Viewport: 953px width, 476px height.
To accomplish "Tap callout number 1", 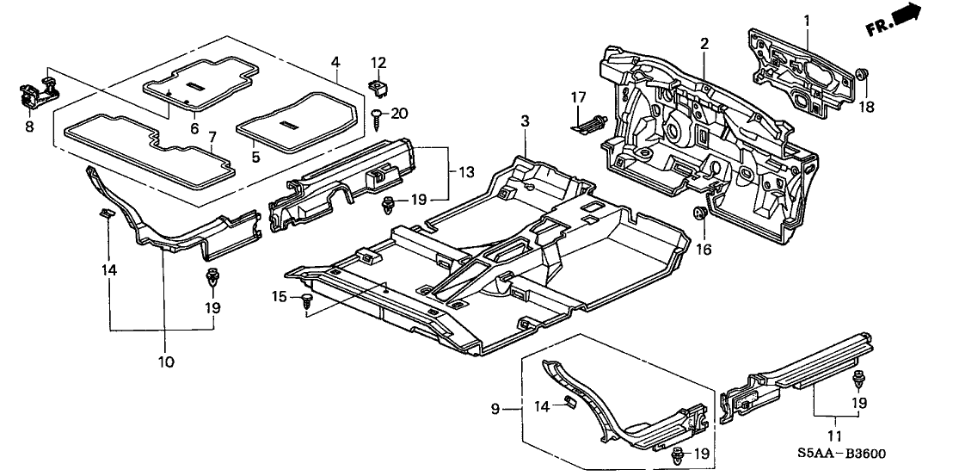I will point(807,19).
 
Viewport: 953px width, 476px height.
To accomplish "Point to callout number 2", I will point(704,44).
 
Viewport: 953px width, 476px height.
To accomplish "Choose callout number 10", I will point(165,362).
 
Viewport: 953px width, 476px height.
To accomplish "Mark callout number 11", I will point(833,436).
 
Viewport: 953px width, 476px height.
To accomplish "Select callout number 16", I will point(704,250).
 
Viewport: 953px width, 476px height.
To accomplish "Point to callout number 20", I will point(399,113).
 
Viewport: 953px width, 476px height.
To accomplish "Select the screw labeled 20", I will point(376,114).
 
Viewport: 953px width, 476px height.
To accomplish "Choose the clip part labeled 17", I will point(590,123).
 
